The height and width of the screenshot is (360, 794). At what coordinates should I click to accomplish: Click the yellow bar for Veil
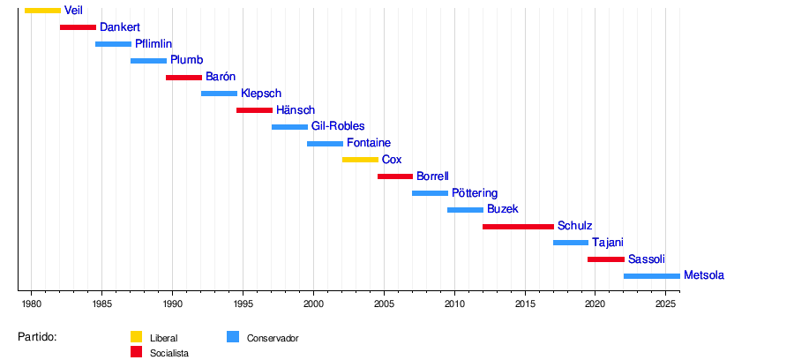(42, 11)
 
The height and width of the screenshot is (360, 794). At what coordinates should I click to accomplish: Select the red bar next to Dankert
(78, 27)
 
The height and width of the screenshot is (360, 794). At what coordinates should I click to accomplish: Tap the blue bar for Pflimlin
(113, 44)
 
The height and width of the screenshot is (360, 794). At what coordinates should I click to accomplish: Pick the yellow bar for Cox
(360, 160)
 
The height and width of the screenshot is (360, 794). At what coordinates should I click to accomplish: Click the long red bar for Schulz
(518, 227)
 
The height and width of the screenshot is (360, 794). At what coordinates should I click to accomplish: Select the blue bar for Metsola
(651, 276)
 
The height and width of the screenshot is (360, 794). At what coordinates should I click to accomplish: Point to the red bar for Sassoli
(605, 259)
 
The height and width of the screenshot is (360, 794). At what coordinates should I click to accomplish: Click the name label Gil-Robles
(338, 127)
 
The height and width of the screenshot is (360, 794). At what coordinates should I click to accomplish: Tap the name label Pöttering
(475, 193)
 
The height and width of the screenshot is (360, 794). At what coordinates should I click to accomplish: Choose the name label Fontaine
(369, 143)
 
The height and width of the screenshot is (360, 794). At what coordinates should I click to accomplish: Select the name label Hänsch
(296, 110)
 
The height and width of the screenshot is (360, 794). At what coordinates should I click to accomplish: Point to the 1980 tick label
(31, 304)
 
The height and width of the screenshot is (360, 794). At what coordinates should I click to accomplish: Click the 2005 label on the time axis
(384, 304)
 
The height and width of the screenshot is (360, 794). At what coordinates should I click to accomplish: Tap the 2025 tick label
(666, 304)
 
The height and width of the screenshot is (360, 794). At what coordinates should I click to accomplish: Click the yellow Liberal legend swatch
(136, 336)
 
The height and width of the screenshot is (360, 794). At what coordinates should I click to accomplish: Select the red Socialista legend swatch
(136, 352)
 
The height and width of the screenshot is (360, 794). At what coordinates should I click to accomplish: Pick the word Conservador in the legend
(273, 338)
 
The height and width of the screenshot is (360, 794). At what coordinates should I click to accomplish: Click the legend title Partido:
(37, 337)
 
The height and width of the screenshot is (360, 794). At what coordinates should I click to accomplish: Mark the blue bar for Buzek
(465, 210)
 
